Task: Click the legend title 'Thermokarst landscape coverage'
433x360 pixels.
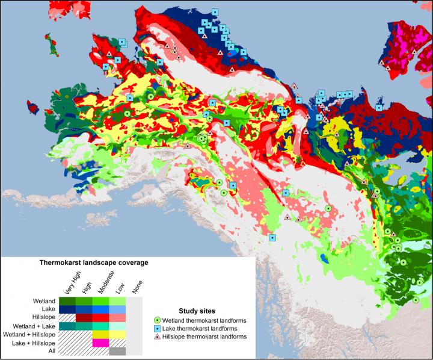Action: [x=93, y=263]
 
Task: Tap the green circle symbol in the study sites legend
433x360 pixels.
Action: [x=158, y=320]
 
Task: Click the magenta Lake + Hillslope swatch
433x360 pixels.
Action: [x=100, y=343]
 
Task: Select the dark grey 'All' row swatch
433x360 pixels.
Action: [x=117, y=352]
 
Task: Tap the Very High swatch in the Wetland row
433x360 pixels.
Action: [x=67, y=301]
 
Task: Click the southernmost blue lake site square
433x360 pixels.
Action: [x=272, y=237]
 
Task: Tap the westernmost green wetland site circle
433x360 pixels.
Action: [x=127, y=113]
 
